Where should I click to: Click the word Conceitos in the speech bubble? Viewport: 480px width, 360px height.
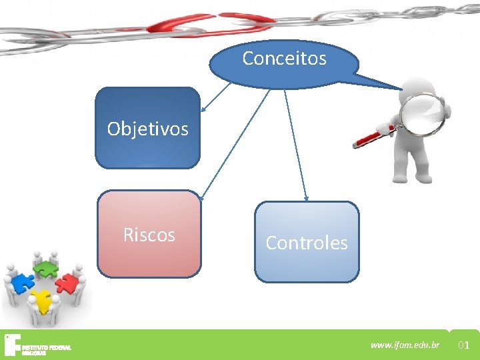pos(284,59)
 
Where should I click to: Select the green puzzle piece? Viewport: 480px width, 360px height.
pos(45,269)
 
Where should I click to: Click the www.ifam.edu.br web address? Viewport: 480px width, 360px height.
pos(405,345)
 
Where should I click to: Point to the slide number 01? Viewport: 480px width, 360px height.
pos(465,345)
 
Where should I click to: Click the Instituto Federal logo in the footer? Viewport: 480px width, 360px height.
pos(37,344)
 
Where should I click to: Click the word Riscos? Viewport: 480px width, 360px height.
pos(149,235)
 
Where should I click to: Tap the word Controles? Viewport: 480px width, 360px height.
pos(306,243)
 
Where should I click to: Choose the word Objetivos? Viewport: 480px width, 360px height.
pos(147,129)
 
